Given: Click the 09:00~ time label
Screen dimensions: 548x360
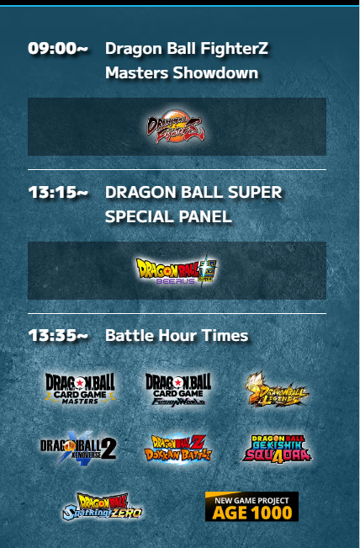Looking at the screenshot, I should click(x=57, y=49).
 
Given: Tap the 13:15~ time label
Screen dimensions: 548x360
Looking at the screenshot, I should click(x=57, y=193).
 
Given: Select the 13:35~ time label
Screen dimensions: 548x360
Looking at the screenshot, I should click(x=57, y=336).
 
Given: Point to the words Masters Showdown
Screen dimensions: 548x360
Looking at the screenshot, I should click(x=182, y=73).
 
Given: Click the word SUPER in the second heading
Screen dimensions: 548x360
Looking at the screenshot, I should click(x=254, y=193).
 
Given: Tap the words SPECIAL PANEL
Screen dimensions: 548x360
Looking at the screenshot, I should click(x=168, y=217).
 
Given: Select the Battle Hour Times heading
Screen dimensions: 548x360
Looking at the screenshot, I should click(x=177, y=336).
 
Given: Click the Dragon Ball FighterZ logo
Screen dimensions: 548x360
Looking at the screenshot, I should click(x=176, y=127).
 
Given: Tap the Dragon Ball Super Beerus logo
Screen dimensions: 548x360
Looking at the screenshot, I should click(x=177, y=271).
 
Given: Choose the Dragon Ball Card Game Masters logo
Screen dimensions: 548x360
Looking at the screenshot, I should click(x=80, y=389).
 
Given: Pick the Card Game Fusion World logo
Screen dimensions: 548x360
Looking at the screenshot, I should click(x=177, y=389).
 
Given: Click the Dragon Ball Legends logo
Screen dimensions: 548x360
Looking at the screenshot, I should click(x=276, y=389).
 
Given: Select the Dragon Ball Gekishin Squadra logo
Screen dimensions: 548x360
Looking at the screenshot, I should click(x=276, y=448).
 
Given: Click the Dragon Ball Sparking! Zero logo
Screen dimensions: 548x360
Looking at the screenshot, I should click(x=103, y=507).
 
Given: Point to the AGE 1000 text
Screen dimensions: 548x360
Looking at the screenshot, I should click(x=251, y=512).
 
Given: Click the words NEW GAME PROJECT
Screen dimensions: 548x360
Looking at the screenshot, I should click(x=251, y=499).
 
